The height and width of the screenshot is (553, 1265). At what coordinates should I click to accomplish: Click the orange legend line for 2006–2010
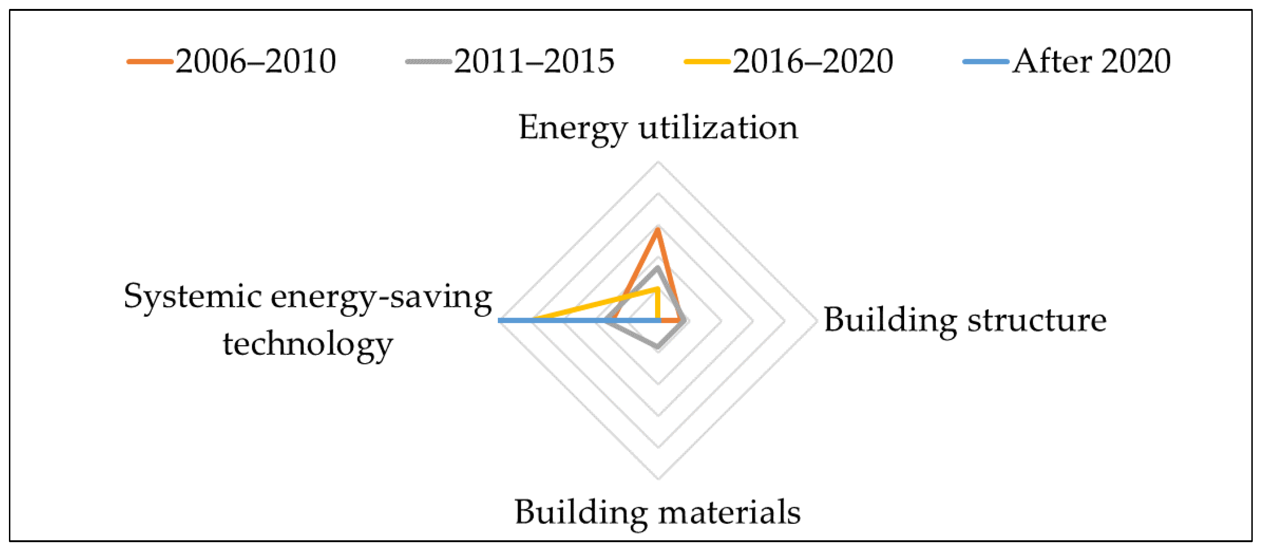pos(150,62)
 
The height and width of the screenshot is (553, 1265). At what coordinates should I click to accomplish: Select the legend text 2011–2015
pos(534,62)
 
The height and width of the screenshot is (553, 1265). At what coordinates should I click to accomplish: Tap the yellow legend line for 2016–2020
pos(707,62)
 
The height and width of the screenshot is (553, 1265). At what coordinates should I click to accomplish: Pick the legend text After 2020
pos(1091,62)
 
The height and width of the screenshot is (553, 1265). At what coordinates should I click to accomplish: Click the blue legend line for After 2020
pos(986,62)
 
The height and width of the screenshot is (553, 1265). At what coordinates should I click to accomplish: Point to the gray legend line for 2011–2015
pos(428,62)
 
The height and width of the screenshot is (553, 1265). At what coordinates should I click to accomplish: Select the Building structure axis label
pos(965,320)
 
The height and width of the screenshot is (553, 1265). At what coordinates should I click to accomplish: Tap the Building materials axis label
pos(657,512)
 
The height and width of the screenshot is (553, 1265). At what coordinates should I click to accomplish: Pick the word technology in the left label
pos(308,344)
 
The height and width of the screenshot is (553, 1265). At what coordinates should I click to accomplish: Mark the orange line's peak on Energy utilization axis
pos(657,229)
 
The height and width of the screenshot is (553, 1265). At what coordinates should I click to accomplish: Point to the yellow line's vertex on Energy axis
pos(657,289)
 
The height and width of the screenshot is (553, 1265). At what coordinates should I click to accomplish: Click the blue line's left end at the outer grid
pos(500,321)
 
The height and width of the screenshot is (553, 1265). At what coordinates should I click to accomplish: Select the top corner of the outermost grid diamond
pos(658,162)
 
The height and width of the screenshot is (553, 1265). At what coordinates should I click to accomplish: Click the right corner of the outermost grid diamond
pos(817,321)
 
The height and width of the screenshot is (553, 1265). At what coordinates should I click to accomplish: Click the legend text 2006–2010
pos(255,62)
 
